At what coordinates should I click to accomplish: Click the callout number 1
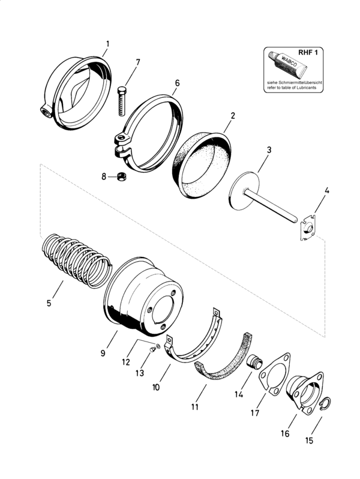pos(107,43)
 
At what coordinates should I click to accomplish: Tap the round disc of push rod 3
pos(244,191)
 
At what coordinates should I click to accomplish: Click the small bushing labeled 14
pos(254,363)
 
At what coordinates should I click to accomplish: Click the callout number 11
pos(194,407)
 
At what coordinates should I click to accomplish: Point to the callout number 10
pos(156,387)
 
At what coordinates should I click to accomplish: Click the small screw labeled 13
pos(152,352)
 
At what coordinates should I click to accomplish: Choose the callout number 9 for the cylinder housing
pos(103,354)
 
